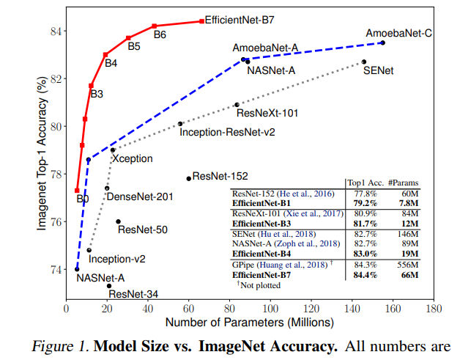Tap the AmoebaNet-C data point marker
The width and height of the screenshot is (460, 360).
[382, 43]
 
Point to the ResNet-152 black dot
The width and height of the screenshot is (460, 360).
[189, 178]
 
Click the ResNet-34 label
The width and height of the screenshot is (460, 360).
[131, 294]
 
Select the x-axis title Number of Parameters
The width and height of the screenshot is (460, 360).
[250, 323]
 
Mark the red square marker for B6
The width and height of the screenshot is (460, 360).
[155, 26]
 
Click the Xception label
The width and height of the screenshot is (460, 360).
[133, 158]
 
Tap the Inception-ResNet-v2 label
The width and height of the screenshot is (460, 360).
[226, 132]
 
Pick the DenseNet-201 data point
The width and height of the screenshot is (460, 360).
[107, 188]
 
